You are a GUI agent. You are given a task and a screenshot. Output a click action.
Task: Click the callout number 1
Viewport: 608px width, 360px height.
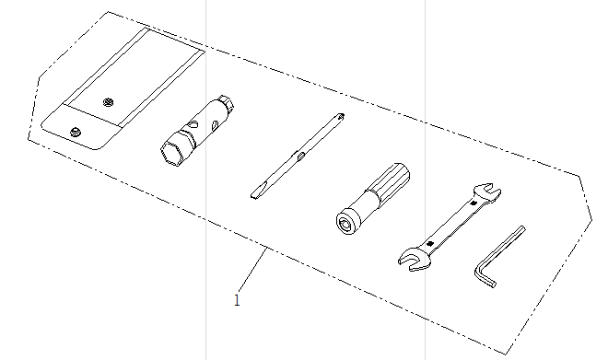[237, 300]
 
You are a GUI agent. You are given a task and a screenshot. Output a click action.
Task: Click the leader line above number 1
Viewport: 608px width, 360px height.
[252, 270]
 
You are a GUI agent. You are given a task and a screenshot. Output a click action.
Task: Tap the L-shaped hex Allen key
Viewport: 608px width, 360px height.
[499, 257]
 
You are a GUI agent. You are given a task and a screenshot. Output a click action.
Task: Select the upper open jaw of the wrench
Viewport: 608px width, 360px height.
[487, 192]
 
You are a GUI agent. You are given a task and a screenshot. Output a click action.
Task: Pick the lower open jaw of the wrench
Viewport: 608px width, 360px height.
[414, 260]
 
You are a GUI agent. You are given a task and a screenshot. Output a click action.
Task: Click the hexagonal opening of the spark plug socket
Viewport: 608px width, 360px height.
[172, 153]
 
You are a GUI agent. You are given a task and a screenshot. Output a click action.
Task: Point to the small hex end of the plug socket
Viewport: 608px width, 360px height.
[226, 101]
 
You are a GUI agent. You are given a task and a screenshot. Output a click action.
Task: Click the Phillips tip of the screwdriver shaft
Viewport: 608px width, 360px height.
[340, 116]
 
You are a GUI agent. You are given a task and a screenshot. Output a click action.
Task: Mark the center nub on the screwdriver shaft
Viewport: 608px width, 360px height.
[301, 157]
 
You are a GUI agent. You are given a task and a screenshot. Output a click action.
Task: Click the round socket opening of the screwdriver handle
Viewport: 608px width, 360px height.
[345, 223]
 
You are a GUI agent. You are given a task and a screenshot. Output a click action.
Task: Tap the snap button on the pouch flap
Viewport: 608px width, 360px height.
[76, 133]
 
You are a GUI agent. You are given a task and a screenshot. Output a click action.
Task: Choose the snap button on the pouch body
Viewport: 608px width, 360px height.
[109, 102]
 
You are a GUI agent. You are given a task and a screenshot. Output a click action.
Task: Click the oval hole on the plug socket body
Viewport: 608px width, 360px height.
[193, 124]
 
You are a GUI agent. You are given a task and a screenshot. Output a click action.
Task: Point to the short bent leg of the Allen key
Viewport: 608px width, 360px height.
[484, 278]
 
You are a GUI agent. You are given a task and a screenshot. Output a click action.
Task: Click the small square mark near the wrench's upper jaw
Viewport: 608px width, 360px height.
[473, 203]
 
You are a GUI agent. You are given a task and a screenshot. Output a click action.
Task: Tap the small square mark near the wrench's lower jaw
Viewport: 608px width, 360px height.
[429, 243]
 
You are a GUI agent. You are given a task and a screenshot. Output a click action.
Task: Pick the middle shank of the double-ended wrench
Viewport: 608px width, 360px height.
[451, 224]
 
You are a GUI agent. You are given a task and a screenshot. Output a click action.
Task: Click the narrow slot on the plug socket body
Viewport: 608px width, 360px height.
[215, 125]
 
